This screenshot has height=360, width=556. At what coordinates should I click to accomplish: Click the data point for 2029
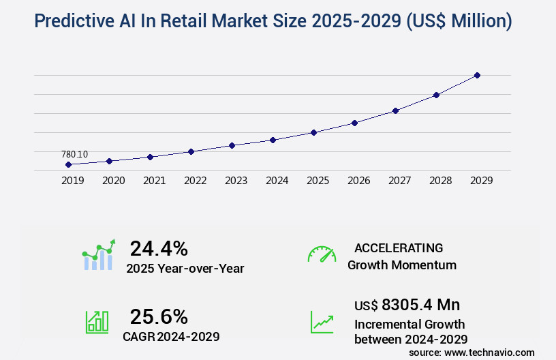(x=477, y=75)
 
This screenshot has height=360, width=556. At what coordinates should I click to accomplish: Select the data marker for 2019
(x=68, y=164)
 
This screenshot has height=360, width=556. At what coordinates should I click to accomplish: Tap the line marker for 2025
(x=313, y=132)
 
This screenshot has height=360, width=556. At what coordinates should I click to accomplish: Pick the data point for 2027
(x=395, y=110)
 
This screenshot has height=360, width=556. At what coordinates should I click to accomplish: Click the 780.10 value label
(x=74, y=155)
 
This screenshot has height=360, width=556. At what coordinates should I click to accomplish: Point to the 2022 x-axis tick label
(x=195, y=181)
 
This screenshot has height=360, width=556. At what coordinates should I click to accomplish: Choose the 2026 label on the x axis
(x=358, y=181)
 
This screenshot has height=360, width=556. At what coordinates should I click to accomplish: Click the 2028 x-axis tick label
(x=440, y=181)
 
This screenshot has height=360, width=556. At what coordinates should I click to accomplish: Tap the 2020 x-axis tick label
(x=113, y=181)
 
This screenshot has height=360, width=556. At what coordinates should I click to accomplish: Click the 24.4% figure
(x=159, y=248)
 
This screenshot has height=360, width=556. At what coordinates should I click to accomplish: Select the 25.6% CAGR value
(x=159, y=316)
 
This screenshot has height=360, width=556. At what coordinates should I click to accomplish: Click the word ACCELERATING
(x=399, y=247)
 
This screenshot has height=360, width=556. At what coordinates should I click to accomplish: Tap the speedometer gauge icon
(x=322, y=254)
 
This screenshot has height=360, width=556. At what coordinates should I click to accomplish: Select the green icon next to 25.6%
(x=97, y=322)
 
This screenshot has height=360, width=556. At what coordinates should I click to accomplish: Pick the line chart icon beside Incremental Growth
(x=322, y=322)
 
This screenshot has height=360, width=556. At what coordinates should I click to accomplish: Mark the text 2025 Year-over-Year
(x=185, y=269)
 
